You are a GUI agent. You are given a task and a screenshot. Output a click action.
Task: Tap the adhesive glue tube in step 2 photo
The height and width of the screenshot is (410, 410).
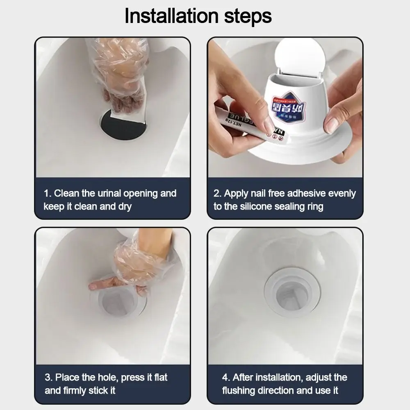[242, 123]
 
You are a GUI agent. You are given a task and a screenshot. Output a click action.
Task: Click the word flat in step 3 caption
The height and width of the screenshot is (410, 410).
[159, 377]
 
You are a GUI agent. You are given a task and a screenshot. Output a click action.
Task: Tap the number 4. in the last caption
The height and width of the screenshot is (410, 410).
[226, 377]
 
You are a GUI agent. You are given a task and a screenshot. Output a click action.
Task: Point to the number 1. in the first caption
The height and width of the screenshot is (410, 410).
[47, 194]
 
